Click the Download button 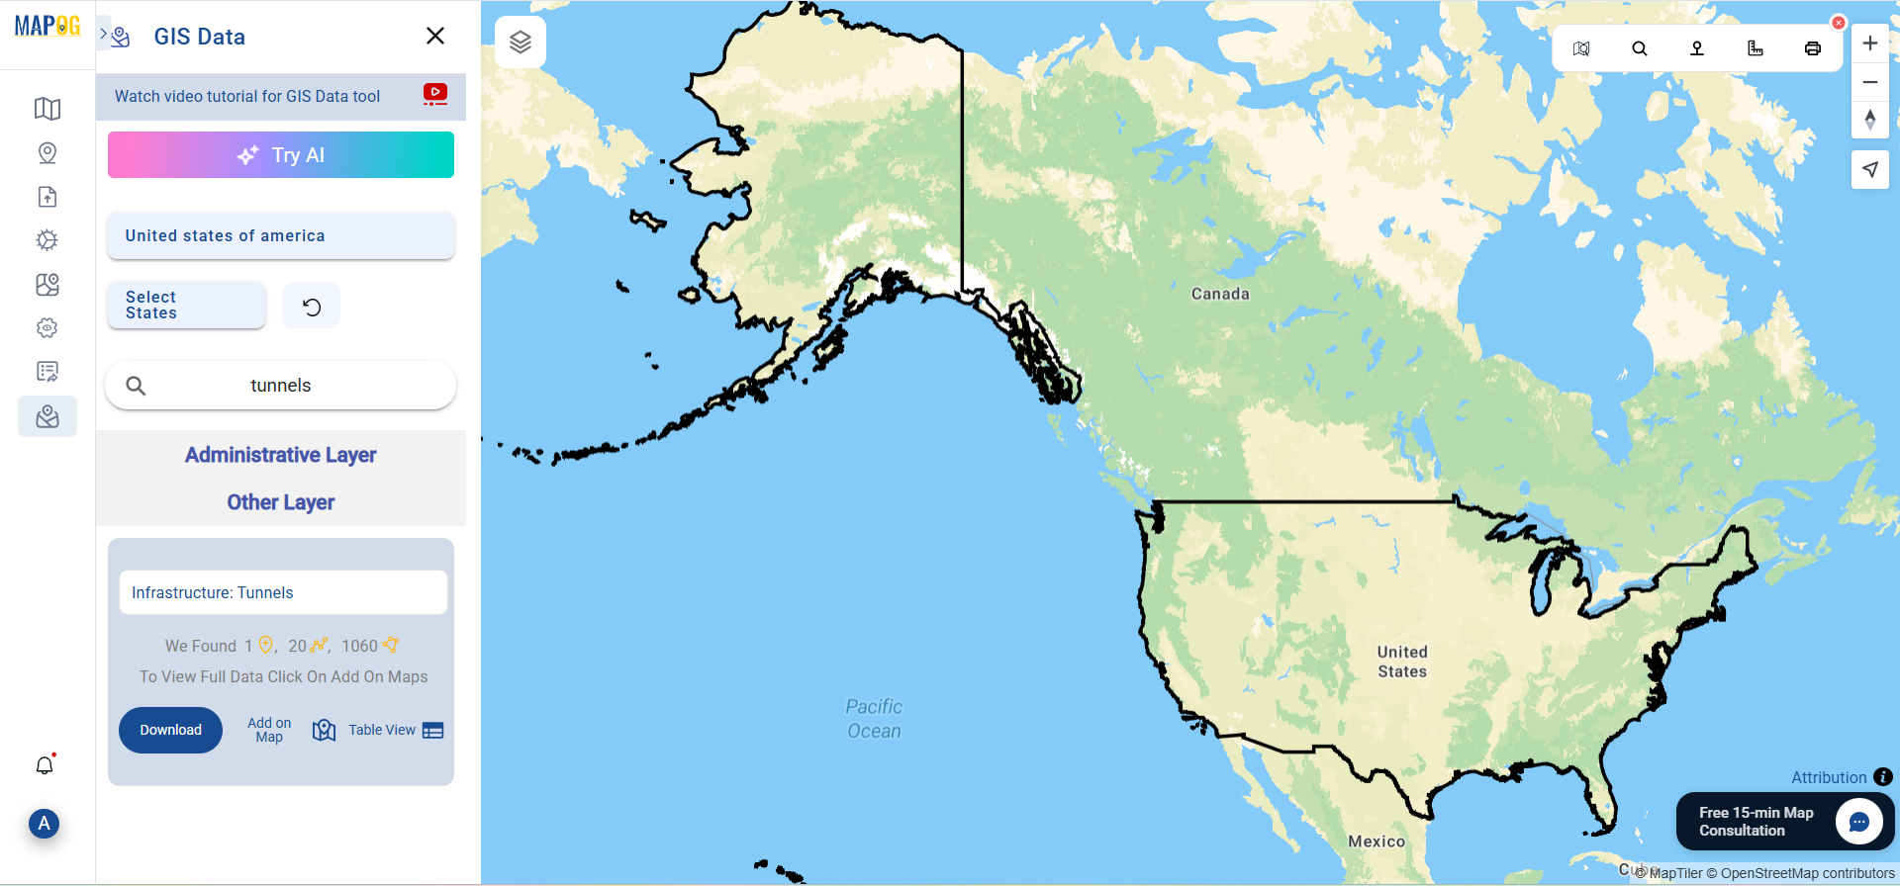tap(170, 730)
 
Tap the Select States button tap(186, 305)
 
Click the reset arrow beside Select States tap(312, 307)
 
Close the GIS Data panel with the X tap(434, 37)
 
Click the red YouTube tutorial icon tap(434, 94)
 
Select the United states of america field tap(281, 235)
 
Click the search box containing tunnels tap(281, 386)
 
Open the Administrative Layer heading tap(281, 455)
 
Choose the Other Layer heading tap(281, 502)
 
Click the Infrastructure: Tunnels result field tap(283, 592)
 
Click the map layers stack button tap(521, 43)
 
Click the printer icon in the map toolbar tap(1812, 48)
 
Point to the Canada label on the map tap(1219, 294)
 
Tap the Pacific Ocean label tap(874, 719)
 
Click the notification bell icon tap(45, 765)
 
